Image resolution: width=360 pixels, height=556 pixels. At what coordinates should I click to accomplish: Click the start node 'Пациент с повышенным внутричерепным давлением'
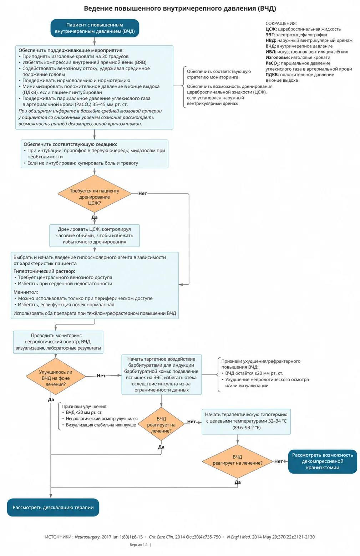point(95,28)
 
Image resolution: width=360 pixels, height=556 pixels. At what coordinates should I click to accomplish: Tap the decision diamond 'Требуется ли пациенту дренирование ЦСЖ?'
point(94,194)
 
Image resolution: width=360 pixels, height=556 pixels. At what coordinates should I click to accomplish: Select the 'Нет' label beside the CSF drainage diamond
point(142,193)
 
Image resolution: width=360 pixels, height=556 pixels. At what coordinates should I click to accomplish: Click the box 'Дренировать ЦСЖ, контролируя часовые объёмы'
point(94,235)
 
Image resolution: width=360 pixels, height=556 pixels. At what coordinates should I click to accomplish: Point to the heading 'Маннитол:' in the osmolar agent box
point(26,292)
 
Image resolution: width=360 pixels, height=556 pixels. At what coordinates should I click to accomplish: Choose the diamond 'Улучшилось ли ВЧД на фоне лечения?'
point(56,376)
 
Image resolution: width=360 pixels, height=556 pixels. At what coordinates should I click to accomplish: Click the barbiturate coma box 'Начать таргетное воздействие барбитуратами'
point(161,374)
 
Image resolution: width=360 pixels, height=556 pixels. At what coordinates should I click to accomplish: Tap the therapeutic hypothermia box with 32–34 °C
point(246,421)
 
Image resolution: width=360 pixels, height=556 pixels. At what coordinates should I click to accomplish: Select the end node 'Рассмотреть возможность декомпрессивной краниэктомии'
point(323,461)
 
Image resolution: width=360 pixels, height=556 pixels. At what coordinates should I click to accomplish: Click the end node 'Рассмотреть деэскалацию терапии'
point(53,507)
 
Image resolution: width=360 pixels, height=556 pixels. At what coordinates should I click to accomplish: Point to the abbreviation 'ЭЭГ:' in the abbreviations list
point(270,35)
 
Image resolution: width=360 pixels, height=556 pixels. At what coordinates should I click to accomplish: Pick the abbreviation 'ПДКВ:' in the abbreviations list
point(272,75)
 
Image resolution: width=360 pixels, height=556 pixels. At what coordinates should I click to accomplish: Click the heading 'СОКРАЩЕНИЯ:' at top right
point(281,23)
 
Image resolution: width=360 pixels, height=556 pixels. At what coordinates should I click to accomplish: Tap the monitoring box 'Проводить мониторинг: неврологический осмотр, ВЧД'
point(58,342)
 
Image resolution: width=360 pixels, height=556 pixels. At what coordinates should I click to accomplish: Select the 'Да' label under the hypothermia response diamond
point(238,482)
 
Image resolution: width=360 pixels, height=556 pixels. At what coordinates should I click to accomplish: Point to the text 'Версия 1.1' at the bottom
point(138,545)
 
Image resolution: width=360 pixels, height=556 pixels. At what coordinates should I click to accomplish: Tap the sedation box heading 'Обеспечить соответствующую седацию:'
point(70,144)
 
